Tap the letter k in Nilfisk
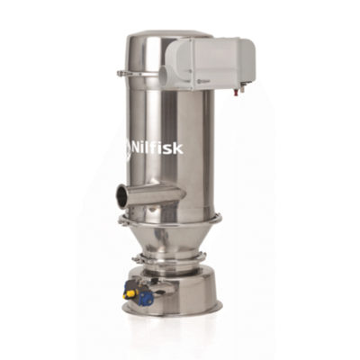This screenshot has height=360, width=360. pyautogui.click(x=179, y=148)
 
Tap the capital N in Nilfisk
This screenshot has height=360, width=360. pyautogui.click(x=137, y=148)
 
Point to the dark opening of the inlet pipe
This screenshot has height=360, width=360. pyautogui.click(x=121, y=197)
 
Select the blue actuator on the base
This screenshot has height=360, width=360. pyautogui.click(x=146, y=298)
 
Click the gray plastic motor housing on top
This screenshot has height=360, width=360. pyautogui.click(x=210, y=63)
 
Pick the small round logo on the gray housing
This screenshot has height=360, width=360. pyautogui.click(x=199, y=80)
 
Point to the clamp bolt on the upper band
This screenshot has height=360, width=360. pyautogui.click(x=121, y=73)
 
